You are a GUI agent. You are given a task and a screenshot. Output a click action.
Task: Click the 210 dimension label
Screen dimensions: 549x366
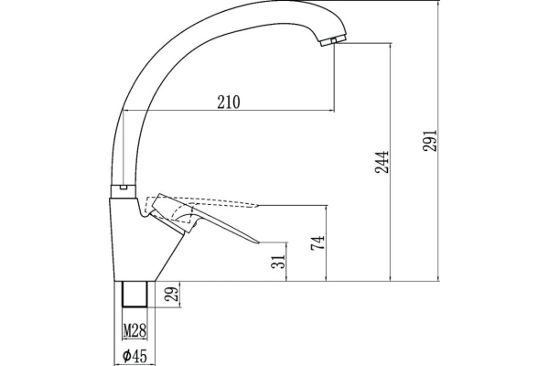(x=229, y=102)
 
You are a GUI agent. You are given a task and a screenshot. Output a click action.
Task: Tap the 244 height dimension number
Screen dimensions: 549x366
(x=382, y=162)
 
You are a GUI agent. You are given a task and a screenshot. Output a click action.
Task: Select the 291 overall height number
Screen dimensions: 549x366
(x=430, y=140)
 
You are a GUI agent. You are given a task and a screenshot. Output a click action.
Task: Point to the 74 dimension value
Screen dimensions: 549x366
(x=318, y=242)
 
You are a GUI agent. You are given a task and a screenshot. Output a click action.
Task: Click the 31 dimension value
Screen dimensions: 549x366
(x=278, y=261)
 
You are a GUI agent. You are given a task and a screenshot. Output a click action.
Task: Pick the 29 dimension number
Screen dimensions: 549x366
(x=172, y=294)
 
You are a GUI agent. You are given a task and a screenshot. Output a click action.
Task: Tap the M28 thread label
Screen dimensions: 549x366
(x=135, y=330)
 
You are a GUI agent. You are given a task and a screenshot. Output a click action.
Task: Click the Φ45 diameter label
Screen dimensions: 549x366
(x=135, y=356)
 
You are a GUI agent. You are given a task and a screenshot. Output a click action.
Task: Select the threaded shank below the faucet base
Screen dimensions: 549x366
(x=135, y=294)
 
